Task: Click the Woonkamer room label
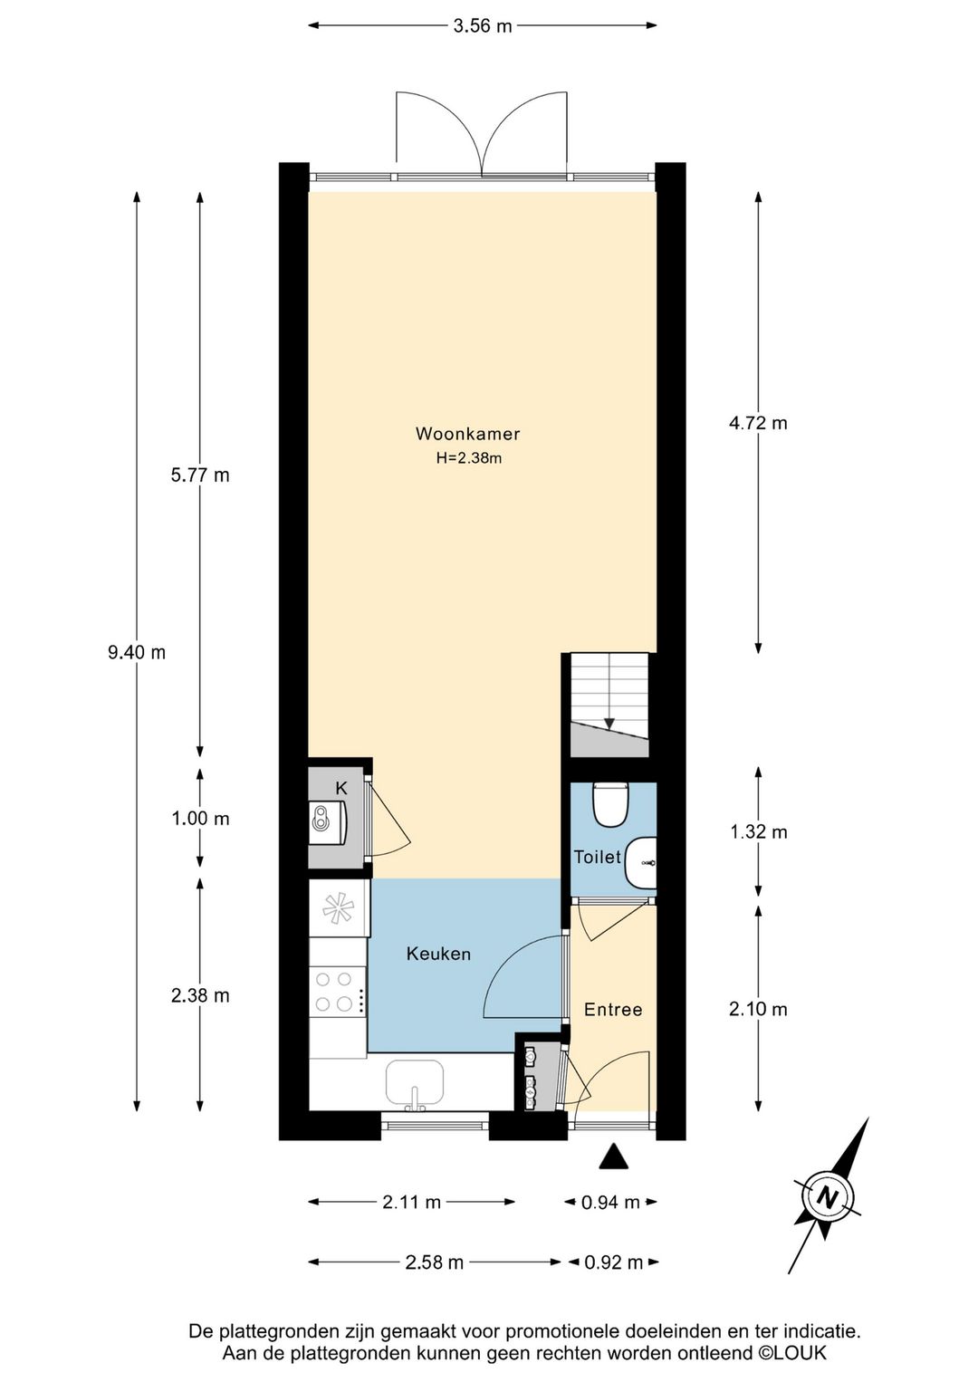[467, 434]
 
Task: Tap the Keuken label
[438, 954]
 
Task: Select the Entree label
[613, 1010]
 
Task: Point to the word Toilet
[598, 857]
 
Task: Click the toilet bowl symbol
[610, 804]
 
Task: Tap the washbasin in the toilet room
[640, 862]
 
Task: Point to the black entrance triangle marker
[614, 1156]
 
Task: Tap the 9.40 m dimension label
[137, 652]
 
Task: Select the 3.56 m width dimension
[483, 26]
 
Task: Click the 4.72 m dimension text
[758, 423]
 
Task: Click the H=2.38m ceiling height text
[467, 458]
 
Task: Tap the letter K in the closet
[341, 788]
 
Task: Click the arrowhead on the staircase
[609, 724]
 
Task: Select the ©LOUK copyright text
[791, 1354]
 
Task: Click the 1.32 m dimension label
[758, 832]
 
